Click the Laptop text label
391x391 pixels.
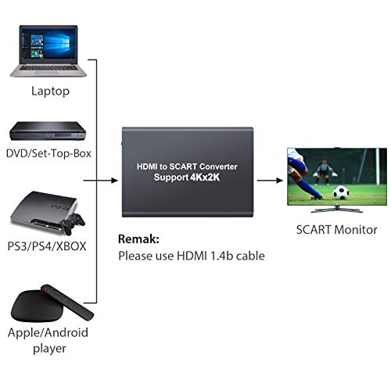coord(50,91)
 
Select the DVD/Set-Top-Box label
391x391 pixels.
coord(48,153)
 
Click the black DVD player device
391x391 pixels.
coord(48,131)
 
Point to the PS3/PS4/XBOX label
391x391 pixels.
coord(47,246)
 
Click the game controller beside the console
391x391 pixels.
coord(73,224)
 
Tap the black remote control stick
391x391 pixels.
coord(67,302)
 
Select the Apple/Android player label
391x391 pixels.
coord(48,340)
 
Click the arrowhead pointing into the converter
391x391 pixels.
coord(114,180)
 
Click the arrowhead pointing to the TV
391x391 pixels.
coord(279,180)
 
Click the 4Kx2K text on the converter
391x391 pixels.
coord(205,178)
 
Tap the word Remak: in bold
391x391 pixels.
coord(138,239)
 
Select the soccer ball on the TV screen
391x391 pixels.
coord(341,192)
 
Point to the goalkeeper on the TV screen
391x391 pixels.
coord(325,171)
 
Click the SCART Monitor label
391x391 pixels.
coord(337,230)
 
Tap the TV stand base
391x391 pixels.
coord(337,210)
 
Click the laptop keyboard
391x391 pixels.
coord(48,68)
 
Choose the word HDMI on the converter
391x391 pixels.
coord(147,167)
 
